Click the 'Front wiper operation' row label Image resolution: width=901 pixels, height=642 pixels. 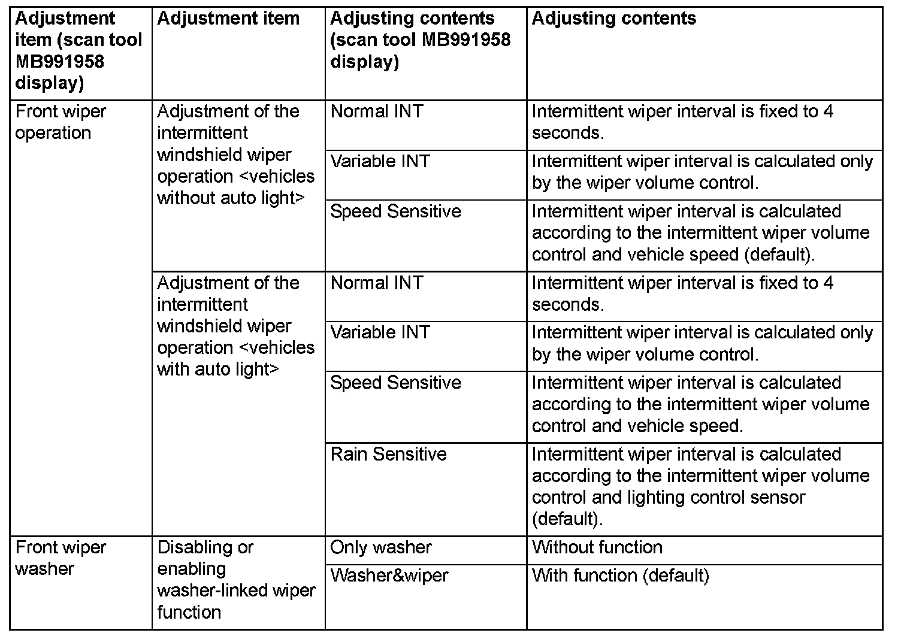coord(61,122)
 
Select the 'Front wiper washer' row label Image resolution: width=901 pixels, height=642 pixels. coord(61,558)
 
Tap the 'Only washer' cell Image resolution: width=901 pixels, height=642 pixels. coord(381,547)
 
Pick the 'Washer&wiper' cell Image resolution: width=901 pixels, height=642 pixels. coord(389,576)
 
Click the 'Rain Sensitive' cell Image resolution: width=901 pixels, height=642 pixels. coord(389,454)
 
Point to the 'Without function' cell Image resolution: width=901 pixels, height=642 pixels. coord(597,547)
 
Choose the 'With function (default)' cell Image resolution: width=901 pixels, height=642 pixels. coord(621,576)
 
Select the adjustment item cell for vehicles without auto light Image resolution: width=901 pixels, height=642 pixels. coord(235,155)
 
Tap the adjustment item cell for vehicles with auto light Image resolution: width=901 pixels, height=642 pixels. coord(235,326)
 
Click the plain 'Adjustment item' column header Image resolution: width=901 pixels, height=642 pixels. coord(228,19)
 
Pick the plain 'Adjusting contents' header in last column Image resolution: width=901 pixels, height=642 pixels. coord(614,19)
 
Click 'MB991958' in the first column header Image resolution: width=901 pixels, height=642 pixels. coord(60,62)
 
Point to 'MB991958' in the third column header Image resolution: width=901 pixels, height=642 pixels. coord(466,40)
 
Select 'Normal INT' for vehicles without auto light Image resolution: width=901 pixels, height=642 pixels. coord(377,111)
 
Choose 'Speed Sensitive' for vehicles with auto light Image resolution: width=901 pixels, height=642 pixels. coord(395,383)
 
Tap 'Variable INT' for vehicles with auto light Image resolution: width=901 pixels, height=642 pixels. coord(380,332)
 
